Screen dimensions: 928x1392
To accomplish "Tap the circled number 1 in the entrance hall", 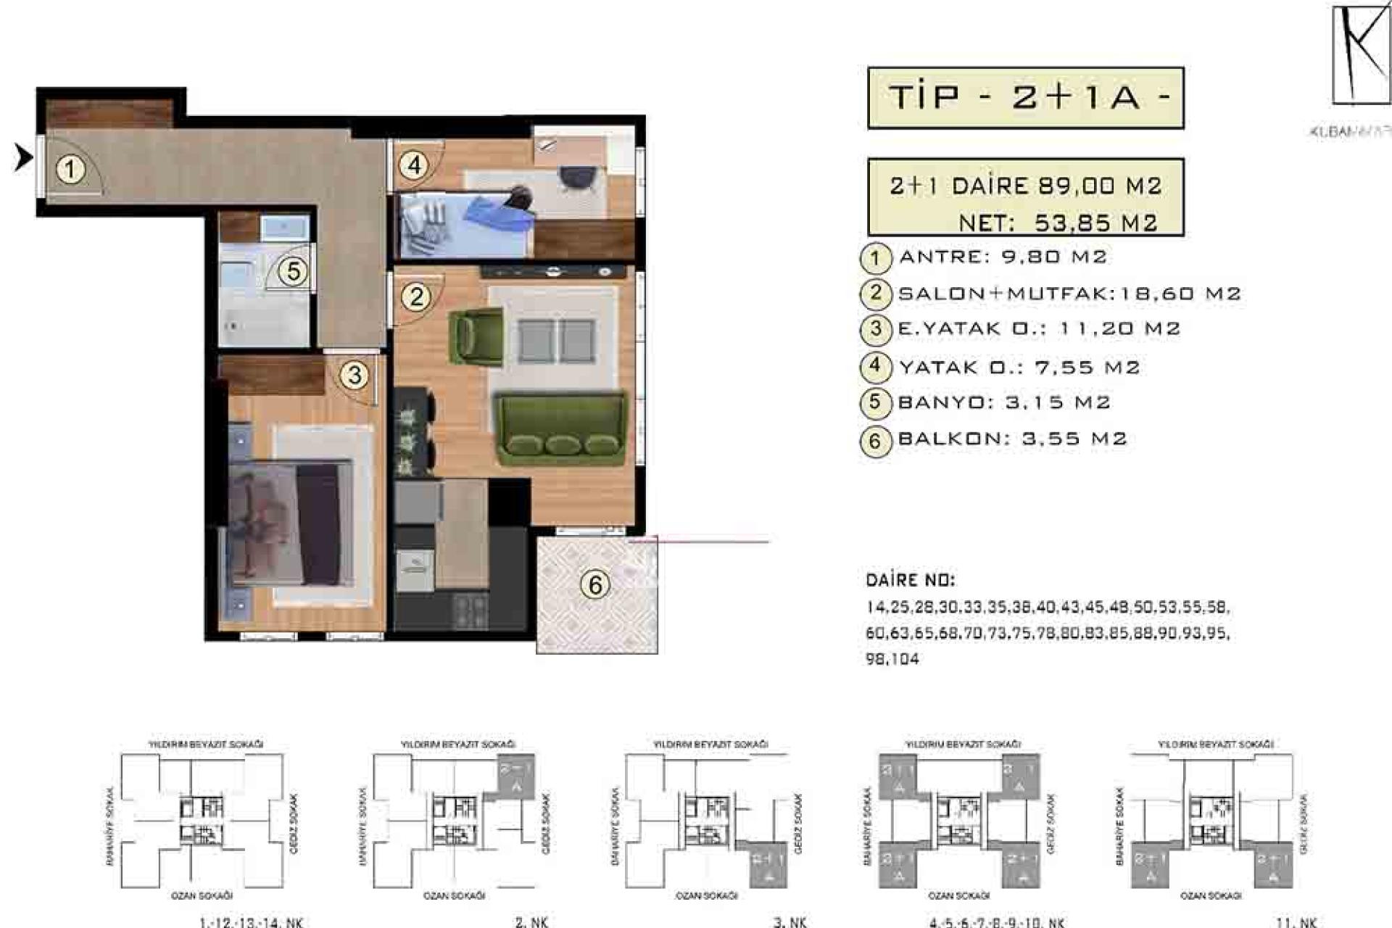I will pyautogui.click(x=70, y=170).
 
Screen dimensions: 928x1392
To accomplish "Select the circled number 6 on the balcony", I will pyautogui.click(x=595, y=584).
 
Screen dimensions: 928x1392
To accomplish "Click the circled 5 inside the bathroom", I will pyautogui.click(x=293, y=272).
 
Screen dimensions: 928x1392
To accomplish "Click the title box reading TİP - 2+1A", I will pyautogui.click(x=1025, y=98).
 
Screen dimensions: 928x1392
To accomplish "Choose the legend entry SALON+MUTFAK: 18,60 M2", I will pyautogui.click(x=1069, y=294).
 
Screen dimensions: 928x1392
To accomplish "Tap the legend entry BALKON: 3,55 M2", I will pyautogui.click(x=1011, y=439).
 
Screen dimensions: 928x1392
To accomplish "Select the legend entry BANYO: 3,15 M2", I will pyautogui.click(x=1003, y=402).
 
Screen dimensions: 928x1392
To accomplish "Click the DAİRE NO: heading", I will pyautogui.click(x=910, y=580).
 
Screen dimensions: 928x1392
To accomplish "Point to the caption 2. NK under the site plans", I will pyautogui.click(x=531, y=921).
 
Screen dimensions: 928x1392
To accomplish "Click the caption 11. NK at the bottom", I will pyautogui.click(x=1296, y=921).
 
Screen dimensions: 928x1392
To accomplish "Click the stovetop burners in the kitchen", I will pyautogui.click(x=470, y=610).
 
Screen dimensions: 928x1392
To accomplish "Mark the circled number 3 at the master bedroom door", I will pyautogui.click(x=355, y=376).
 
